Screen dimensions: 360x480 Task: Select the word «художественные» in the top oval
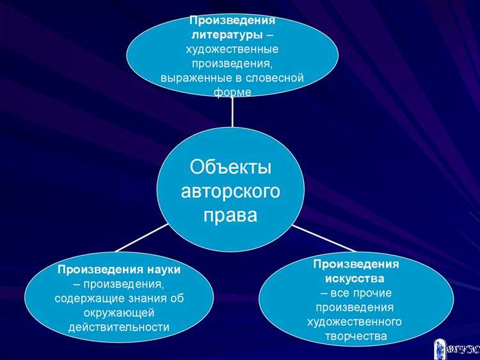coord(232,49)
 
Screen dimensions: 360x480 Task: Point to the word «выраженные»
coord(189,78)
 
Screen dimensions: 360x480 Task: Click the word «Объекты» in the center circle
coord(231,168)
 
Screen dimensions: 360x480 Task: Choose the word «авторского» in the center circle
coord(231,191)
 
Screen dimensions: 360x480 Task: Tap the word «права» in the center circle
coord(231,215)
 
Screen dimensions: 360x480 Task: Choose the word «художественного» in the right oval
coord(354,322)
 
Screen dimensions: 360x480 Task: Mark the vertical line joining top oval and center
coord(232,112)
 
